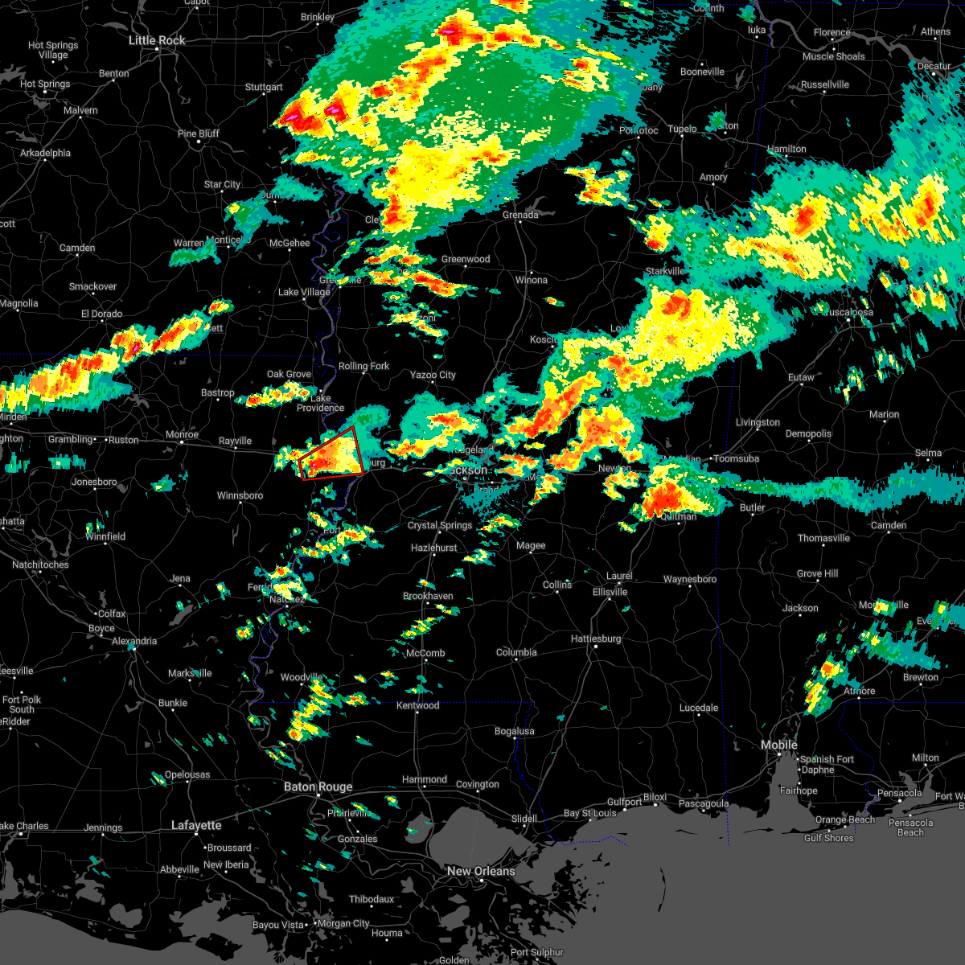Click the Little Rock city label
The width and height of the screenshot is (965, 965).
click(157, 40)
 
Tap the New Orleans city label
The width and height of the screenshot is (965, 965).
click(481, 871)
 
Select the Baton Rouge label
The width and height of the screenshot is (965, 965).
click(318, 786)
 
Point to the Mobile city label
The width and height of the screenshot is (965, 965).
click(779, 745)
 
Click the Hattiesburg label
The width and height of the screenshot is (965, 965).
click(596, 639)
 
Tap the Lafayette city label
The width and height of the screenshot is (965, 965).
click(196, 825)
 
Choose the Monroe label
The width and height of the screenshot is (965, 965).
click(182, 435)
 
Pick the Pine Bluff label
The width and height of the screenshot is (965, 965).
click(199, 133)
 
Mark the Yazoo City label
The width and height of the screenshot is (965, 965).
click(433, 375)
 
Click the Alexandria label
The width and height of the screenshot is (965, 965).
click(134, 641)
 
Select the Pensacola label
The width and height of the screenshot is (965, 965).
click(899, 793)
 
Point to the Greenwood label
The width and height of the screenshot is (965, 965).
click(466, 259)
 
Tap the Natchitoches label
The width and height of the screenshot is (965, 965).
click(41, 565)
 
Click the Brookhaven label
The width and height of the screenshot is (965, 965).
click(428, 596)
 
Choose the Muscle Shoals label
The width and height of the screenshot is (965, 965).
click(834, 56)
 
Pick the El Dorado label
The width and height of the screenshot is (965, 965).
click(101, 314)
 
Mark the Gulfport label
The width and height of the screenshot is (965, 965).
click(624, 802)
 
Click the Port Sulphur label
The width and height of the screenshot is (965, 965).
click(537, 952)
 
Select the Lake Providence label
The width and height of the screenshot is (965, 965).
click(320, 403)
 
